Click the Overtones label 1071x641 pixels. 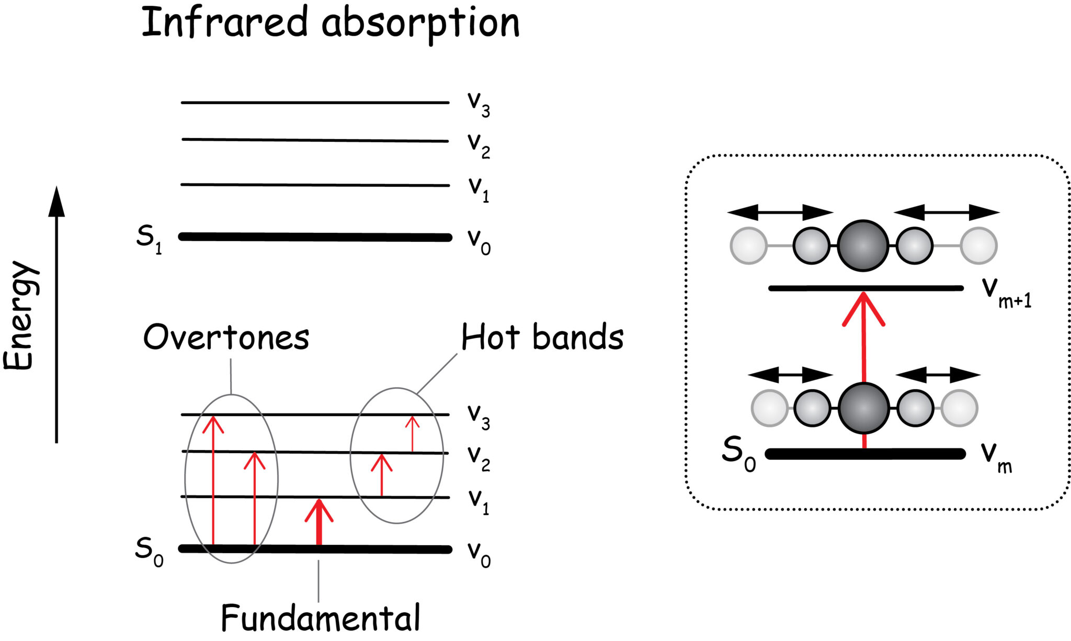[x=226, y=338]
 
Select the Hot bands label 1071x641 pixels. [x=542, y=337]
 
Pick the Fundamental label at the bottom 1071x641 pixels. [x=320, y=618]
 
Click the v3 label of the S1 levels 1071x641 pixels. [x=478, y=103]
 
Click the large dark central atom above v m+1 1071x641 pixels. [x=863, y=245]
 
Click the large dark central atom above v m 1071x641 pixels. [x=863, y=408]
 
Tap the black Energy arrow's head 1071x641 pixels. [x=56, y=201]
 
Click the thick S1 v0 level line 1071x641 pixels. [x=315, y=237]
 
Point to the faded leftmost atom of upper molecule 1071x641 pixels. [x=748, y=245]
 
